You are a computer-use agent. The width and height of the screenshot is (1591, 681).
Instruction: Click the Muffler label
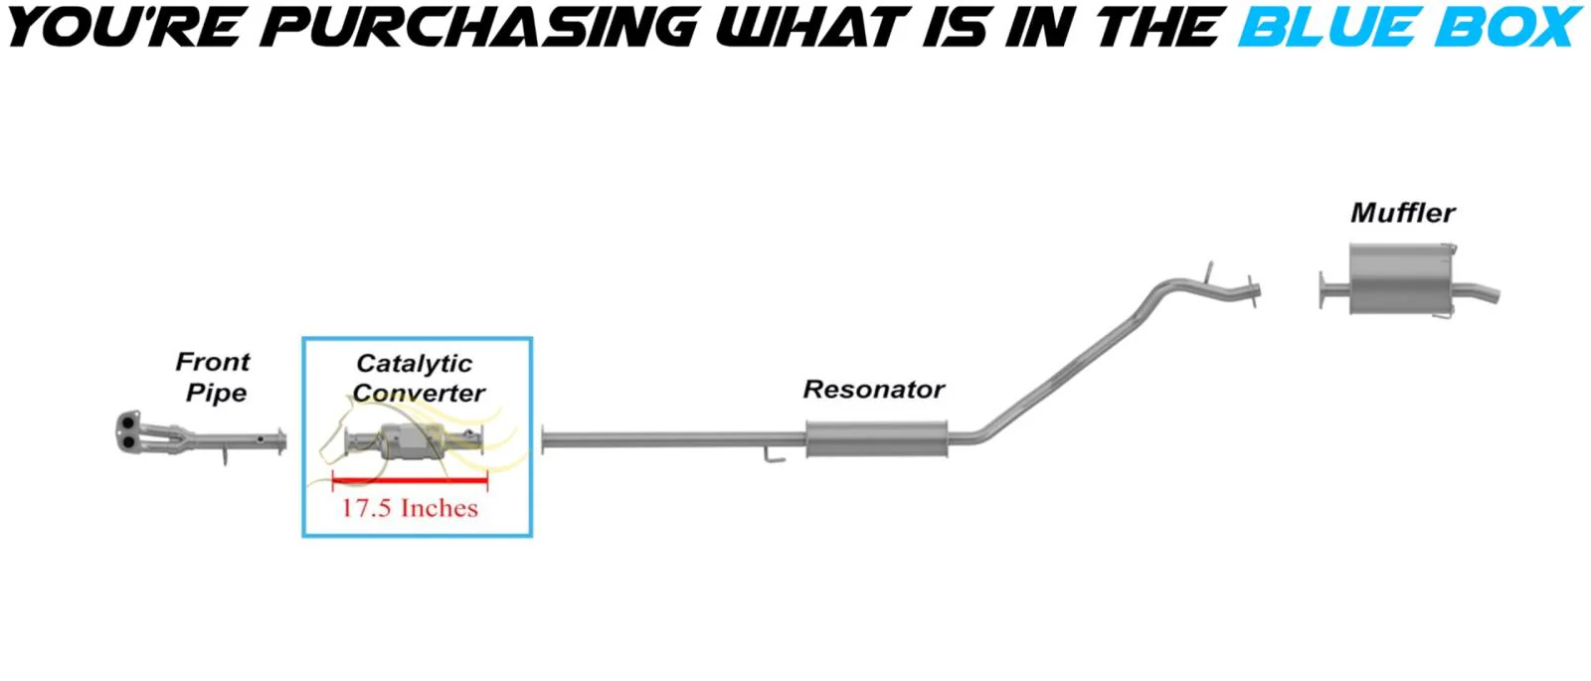click(x=1402, y=213)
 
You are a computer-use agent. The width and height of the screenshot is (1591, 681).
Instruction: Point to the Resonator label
click(x=873, y=389)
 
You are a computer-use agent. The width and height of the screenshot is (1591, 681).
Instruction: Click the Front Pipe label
click(x=214, y=377)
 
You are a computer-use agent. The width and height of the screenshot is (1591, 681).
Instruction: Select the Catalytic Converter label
click(x=417, y=378)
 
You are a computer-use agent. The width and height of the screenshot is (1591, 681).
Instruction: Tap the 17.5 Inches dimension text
click(x=410, y=508)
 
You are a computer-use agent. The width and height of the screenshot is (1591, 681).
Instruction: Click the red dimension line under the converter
click(x=410, y=481)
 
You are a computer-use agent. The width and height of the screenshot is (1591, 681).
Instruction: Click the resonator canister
click(x=876, y=438)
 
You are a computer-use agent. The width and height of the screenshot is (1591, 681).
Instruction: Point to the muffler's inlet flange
click(x=1323, y=289)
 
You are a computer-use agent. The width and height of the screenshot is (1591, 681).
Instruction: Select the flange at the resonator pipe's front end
click(x=544, y=439)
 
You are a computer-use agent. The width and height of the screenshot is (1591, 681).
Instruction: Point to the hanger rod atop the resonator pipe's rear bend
click(x=1209, y=271)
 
